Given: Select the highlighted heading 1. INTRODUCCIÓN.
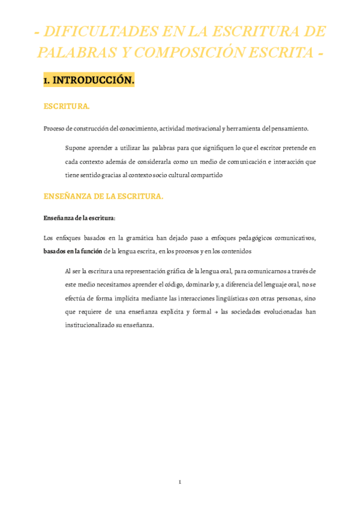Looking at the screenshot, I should tap(89, 80).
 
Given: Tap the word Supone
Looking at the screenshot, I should tap(76, 147).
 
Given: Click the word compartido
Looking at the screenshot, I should tap(205, 175).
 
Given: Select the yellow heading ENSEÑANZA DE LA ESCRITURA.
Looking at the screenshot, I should tap(103, 196).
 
